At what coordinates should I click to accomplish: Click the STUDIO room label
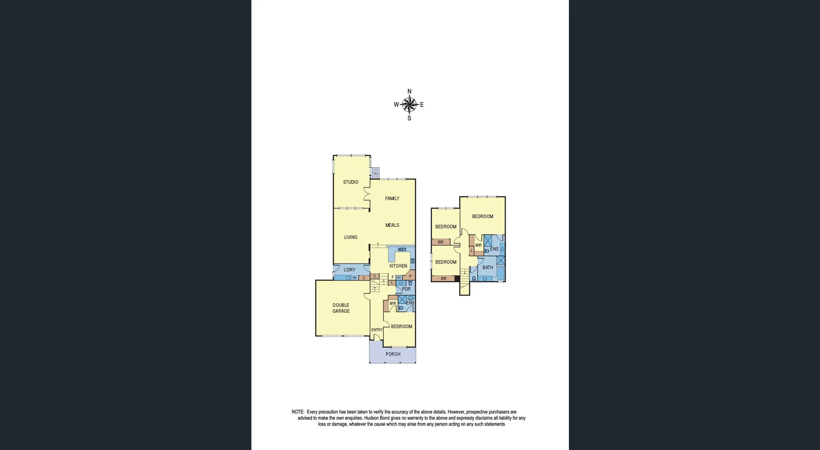[351, 182]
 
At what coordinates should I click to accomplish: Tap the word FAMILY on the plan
[392, 198]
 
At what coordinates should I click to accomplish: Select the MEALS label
[392, 225]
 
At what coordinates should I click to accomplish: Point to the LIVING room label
[351, 237]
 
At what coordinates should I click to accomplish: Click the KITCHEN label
[398, 266]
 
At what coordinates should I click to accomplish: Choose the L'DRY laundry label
[349, 270]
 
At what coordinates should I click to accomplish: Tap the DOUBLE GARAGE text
[341, 308]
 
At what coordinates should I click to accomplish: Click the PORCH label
[393, 354]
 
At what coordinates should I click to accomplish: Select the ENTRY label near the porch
[377, 330]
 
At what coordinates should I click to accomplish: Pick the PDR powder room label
[406, 289]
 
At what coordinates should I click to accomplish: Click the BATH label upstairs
[487, 268]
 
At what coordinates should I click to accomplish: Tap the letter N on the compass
[409, 91]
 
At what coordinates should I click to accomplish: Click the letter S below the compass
[409, 118]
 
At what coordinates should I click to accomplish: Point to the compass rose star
[409, 105]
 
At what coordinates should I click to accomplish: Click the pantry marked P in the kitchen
[410, 276]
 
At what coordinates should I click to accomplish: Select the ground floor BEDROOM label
[401, 327]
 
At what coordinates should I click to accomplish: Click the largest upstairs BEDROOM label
[483, 216]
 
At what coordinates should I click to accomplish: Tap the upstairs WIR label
[478, 246]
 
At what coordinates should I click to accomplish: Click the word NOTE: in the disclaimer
[298, 412]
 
